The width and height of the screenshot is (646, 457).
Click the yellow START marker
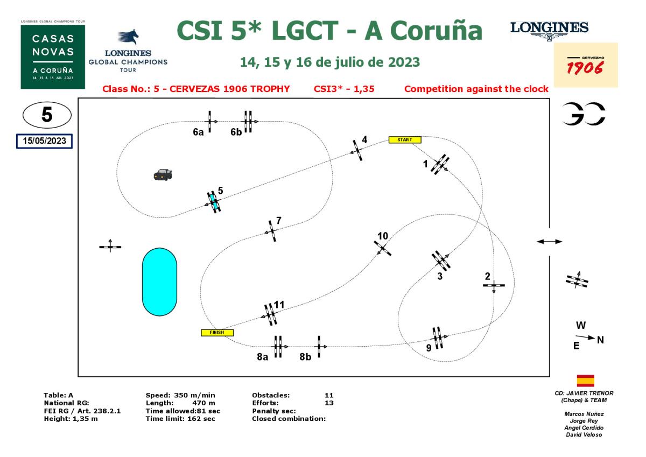pyautogui.click(x=405, y=140)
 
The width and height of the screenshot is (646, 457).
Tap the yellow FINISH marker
pyautogui.click(x=217, y=333)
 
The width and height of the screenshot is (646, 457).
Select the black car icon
pyautogui.click(x=163, y=174)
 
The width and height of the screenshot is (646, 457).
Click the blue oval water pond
pyautogui.click(x=159, y=282)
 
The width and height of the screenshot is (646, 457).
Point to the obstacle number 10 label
pyautogui.click(x=383, y=236)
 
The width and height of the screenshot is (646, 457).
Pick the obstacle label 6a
pyautogui.click(x=198, y=132)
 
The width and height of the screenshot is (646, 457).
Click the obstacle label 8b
pyautogui.click(x=305, y=356)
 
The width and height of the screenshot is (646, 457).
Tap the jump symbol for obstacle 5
pyautogui.click(x=214, y=202)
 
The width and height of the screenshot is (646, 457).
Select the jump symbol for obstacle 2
pyautogui.click(x=494, y=286)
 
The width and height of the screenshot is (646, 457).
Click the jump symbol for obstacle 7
pyautogui.click(x=272, y=231)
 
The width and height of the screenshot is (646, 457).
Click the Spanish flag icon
pyautogui.click(x=585, y=381)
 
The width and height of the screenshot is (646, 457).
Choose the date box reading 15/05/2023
pyautogui.click(x=44, y=140)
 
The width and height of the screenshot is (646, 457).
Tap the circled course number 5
pyautogui.click(x=47, y=116)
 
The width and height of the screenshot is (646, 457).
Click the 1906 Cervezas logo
pyautogui.click(x=586, y=65)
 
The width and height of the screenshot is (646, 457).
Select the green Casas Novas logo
pyautogui.click(x=53, y=55)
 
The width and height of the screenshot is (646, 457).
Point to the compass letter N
pyautogui.click(x=600, y=340)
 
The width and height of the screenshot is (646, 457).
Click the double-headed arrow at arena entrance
pyautogui.click(x=550, y=242)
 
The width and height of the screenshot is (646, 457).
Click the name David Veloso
pyautogui.click(x=584, y=435)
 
